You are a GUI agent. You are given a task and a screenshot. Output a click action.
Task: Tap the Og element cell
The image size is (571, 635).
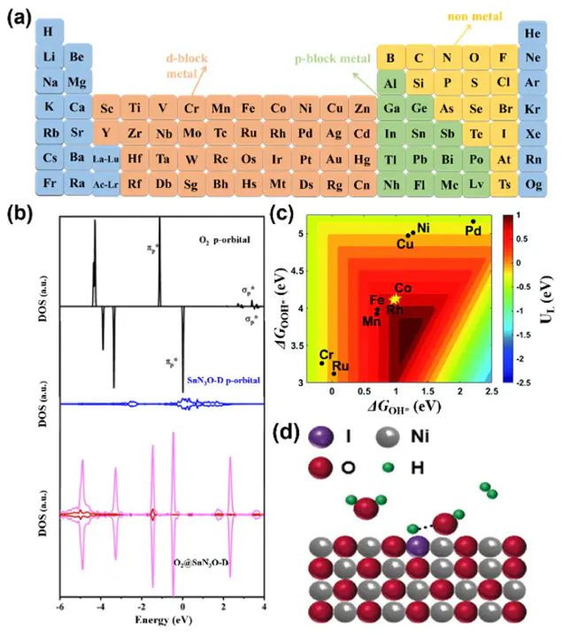pos(532,184)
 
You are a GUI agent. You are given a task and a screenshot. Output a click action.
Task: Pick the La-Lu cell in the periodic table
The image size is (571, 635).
pos(105,159)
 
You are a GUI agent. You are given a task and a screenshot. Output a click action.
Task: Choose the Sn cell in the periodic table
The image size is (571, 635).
pos(420,134)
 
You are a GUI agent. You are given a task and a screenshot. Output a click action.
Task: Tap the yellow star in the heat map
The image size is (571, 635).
pos(394,299)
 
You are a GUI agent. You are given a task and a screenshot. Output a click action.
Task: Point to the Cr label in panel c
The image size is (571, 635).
pos(326,353)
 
